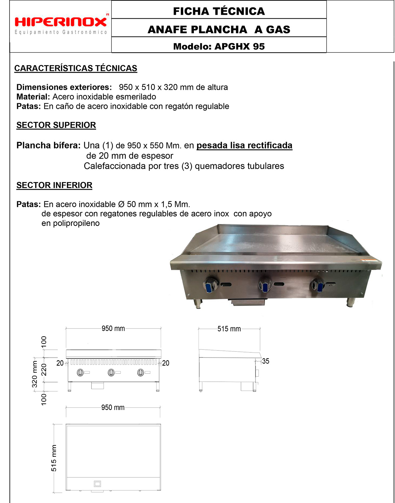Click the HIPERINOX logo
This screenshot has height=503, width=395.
(x=61, y=22)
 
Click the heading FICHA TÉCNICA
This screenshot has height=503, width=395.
(x=219, y=11)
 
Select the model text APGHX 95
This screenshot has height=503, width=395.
(x=240, y=46)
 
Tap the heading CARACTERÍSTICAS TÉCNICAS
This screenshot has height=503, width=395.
(x=76, y=68)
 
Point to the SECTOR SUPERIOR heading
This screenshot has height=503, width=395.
(x=56, y=125)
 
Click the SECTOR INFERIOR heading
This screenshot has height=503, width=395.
(x=54, y=185)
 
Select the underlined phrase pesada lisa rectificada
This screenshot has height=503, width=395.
(x=244, y=145)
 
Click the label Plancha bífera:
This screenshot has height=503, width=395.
(x=48, y=145)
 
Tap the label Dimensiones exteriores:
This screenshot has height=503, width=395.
(x=64, y=87)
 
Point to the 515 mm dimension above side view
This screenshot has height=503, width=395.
(x=229, y=329)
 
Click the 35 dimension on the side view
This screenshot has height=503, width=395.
(x=266, y=361)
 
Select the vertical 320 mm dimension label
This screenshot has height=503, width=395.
(x=35, y=374)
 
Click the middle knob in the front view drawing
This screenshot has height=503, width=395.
(x=111, y=372)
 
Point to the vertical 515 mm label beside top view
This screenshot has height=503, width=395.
(x=54, y=458)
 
